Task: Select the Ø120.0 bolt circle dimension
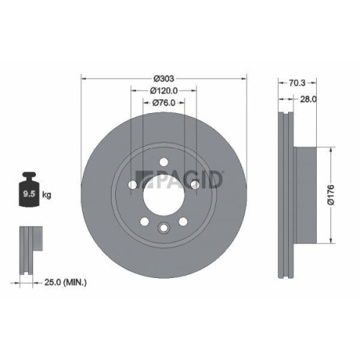[x=164, y=91]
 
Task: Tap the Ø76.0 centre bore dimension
[x=164, y=103]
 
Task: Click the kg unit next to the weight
[x=47, y=194]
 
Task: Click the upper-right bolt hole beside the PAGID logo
[x=194, y=185]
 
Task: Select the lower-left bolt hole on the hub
[x=145, y=221]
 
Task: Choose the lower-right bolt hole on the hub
[x=183, y=221]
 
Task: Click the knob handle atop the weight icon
[x=30, y=175]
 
